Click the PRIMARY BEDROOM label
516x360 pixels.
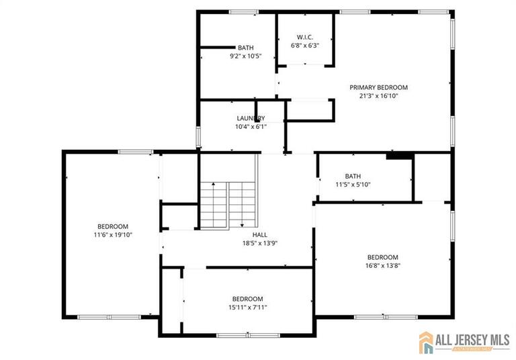[x=378, y=87]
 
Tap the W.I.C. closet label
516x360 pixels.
[x=304, y=37]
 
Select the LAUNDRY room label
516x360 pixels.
[x=251, y=118]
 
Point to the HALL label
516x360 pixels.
[x=260, y=234]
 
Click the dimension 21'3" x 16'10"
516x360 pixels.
[x=378, y=96]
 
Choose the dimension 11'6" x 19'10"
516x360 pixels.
[x=113, y=235]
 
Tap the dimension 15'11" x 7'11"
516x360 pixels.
[x=247, y=308]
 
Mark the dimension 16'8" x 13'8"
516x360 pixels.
[x=382, y=265]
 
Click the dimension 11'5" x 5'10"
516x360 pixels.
[x=353, y=185]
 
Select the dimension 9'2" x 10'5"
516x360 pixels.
[x=246, y=56]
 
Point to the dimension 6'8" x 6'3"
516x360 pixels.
[x=304, y=46]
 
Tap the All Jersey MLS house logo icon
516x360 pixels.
[x=428, y=342]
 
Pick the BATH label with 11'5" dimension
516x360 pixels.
[x=353, y=176]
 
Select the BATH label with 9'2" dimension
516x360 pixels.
[x=246, y=48]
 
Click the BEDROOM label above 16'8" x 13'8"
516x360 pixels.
[x=382, y=257]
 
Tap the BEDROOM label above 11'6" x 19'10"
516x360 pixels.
[x=113, y=226]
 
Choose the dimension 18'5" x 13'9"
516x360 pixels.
[x=260, y=243]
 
